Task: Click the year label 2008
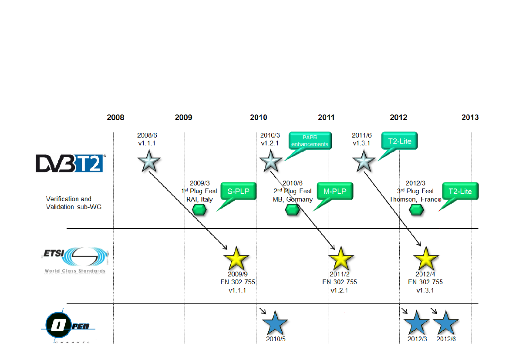[115, 118]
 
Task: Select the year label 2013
[470, 118]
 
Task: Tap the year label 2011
[326, 118]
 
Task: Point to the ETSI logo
[75, 260]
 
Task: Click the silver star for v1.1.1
[148, 161]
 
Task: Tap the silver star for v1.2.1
[270, 161]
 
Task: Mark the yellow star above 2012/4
[425, 259]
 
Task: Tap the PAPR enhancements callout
[310, 141]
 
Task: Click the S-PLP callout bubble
[238, 192]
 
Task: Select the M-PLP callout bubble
[334, 192]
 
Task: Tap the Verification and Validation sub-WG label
[69, 203]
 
